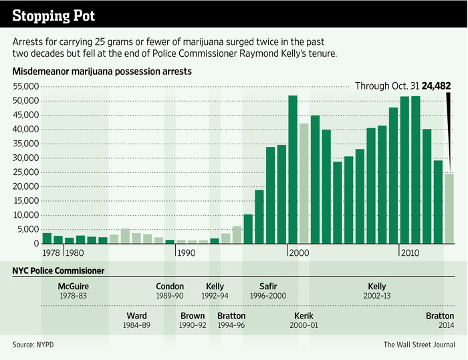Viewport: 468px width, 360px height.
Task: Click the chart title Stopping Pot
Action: [x=53, y=14]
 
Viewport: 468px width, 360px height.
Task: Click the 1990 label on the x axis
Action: [x=187, y=253]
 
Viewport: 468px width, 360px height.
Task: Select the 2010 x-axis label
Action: [x=411, y=253]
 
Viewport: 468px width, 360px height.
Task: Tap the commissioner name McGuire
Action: [x=74, y=287]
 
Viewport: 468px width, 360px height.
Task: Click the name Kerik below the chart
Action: [x=304, y=315]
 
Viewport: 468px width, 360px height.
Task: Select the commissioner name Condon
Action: [x=170, y=287]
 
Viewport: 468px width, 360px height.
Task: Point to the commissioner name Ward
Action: [x=136, y=315]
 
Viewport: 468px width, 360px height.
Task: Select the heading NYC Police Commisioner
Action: [x=58, y=271]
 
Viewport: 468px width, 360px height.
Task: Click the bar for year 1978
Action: [x=47, y=238]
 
